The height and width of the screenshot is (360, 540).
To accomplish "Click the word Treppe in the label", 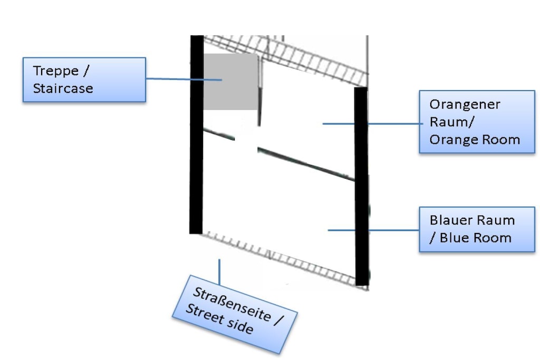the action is (56, 71).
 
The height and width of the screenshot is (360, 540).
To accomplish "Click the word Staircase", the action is (63, 89).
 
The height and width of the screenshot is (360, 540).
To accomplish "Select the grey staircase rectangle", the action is (230, 82).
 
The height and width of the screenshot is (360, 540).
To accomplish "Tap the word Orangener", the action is (465, 104).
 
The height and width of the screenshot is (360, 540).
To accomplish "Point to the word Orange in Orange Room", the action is (454, 140).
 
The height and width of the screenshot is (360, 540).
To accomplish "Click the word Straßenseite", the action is (232, 304).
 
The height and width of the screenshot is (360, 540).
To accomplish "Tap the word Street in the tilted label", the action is (205, 314).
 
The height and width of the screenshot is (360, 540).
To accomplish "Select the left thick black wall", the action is (196, 134).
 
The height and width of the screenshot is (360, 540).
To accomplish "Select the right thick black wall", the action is (361, 186).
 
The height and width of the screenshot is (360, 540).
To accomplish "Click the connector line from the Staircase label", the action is (184, 79).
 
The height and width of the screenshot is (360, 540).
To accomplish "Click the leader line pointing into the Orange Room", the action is (373, 123).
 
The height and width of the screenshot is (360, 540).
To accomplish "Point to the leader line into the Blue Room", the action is (373, 230).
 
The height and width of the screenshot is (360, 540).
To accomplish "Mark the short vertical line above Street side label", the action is (219, 272).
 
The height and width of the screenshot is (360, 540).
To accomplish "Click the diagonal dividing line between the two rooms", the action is (279, 154).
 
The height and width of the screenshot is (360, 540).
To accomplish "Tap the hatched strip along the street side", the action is (279, 258).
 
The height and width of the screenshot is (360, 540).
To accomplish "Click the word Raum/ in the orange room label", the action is (452, 122).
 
